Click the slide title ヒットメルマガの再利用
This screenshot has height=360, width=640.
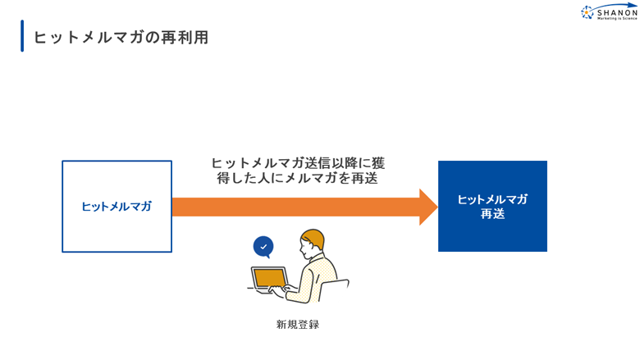click(121, 37)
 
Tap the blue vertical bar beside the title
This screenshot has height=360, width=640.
click(22, 36)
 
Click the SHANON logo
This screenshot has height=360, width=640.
click(609, 11)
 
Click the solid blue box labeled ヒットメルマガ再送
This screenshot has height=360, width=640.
click(492, 207)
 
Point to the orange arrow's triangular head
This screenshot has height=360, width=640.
click(428, 207)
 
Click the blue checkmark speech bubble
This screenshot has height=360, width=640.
click(263, 247)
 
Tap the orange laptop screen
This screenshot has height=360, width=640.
click(269, 278)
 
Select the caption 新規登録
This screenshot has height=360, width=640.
click(298, 325)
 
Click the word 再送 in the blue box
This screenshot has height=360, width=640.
click(492, 214)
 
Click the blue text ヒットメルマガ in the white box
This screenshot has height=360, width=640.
click(117, 207)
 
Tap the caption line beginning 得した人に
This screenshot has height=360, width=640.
click(297, 178)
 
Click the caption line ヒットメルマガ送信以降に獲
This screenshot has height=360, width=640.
click(298, 163)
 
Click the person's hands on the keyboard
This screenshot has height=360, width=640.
click(281, 289)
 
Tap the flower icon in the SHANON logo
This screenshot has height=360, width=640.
click(587, 12)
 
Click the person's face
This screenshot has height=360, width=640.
click(306, 248)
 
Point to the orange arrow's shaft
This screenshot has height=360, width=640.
click(296, 207)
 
